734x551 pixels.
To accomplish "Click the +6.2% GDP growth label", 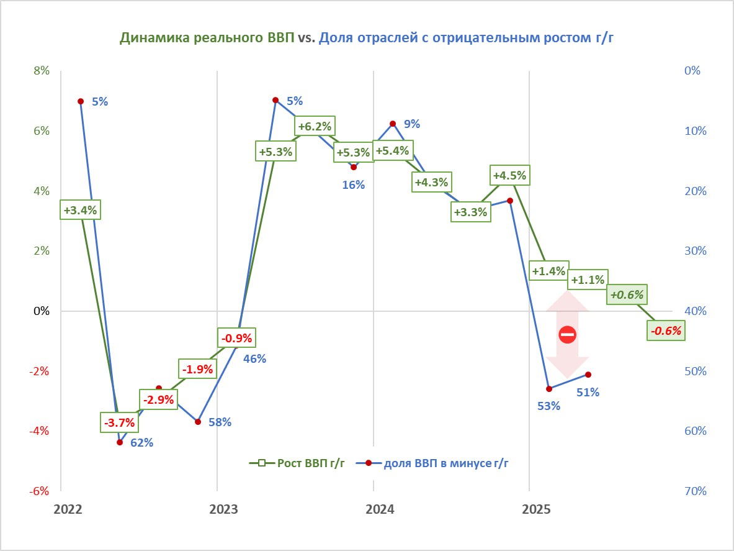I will (x=315, y=127).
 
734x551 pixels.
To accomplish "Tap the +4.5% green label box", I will (x=509, y=176).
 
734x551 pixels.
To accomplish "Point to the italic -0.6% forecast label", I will (x=666, y=331).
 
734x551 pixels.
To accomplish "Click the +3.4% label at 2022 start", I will (x=80, y=210).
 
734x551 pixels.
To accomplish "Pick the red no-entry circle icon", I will (x=567, y=335).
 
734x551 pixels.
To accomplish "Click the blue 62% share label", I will (x=141, y=443).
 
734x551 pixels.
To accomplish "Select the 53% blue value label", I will (x=548, y=406).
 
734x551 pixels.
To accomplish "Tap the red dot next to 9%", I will (x=392, y=124).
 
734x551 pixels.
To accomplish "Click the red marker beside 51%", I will (x=588, y=375).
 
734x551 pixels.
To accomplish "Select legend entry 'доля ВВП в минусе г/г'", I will (x=442, y=463).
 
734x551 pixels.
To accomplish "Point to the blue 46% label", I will (x=254, y=358).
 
